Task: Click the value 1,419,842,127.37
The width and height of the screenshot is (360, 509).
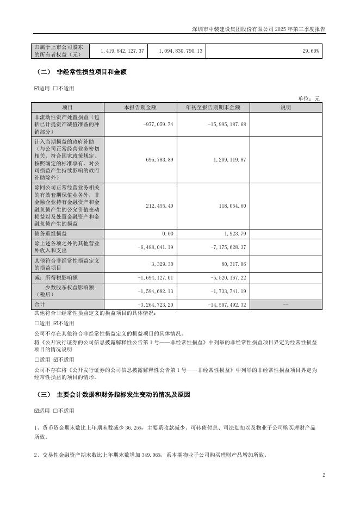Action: coord(122,51)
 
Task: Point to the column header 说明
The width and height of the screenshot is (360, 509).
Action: coord(286,108)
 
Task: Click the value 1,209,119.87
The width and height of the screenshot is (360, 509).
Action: coord(227,160)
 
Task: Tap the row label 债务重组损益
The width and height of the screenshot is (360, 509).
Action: coord(49,233)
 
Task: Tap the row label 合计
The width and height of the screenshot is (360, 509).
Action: coord(40,304)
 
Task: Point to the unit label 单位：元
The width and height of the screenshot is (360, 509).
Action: coord(309,98)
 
